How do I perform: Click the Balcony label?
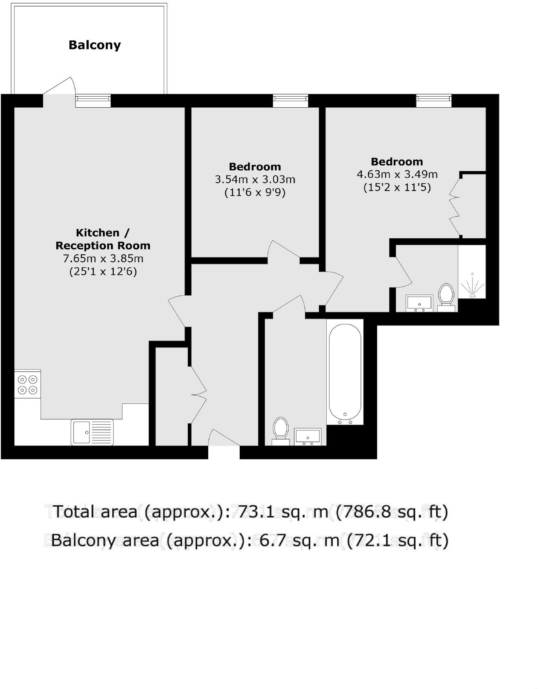tap(94, 45)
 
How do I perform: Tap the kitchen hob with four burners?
tap(27, 384)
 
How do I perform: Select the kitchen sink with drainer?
tap(92, 432)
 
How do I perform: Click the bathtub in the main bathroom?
tap(345, 372)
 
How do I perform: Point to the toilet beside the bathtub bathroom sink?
tap(280, 430)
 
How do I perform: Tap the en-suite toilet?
tap(446, 297)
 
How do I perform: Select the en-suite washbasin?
tap(419, 303)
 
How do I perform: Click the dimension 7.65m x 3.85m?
tap(103, 259)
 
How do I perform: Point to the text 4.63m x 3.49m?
tap(397, 175)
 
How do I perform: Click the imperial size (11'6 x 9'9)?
tap(255, 192)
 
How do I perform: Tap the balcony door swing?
tap(60, 86)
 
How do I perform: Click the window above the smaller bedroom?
tap(290, 100)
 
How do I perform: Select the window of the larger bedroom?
tap(434, 100)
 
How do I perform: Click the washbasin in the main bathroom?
tap(307, 436)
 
